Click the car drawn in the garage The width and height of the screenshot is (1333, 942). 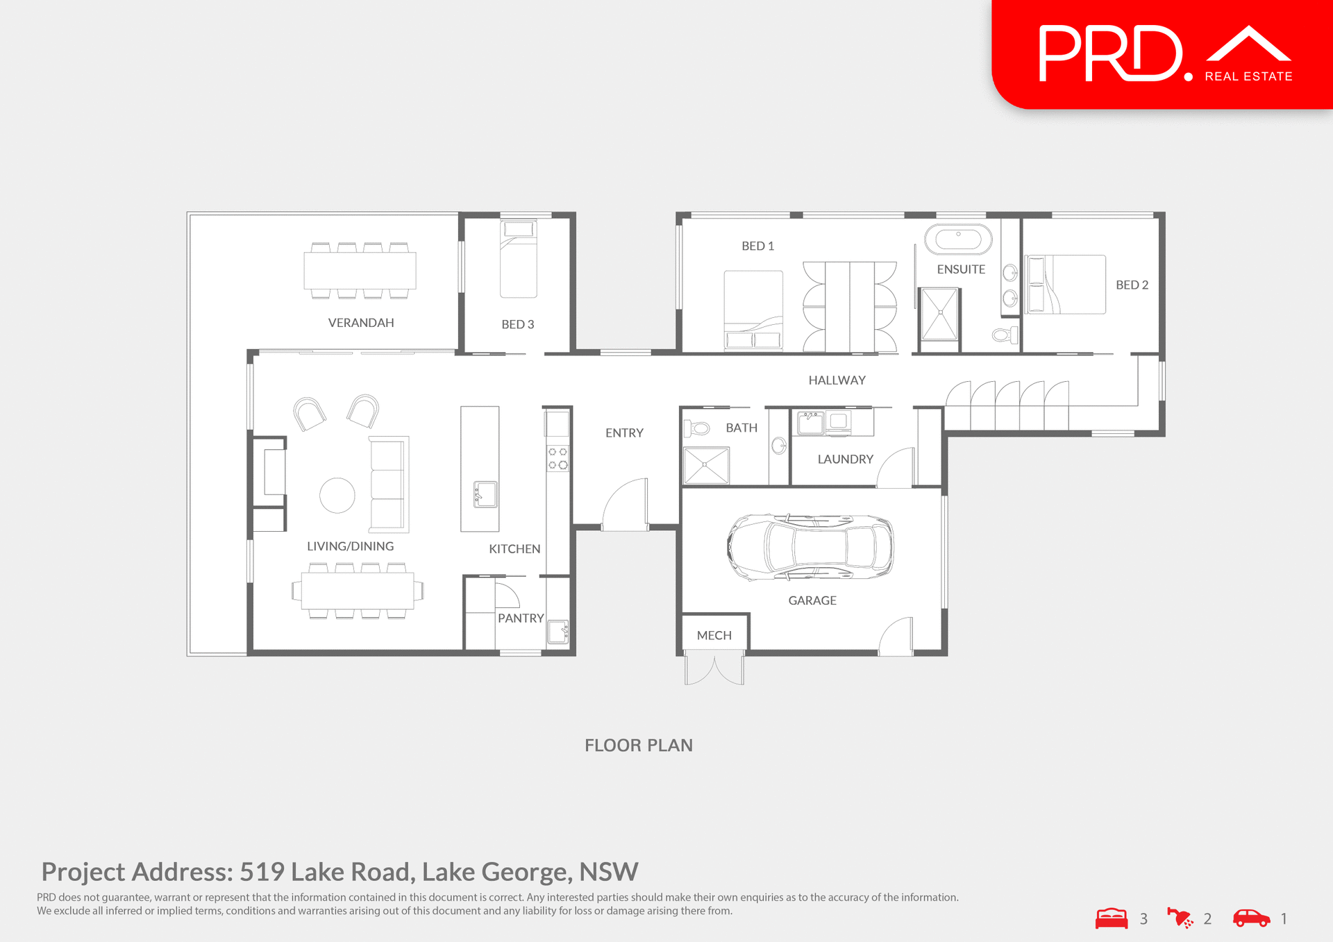click(x=810, y=547)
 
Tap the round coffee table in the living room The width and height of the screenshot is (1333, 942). click(x=337, y=496)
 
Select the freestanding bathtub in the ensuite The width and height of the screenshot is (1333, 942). click(x=958, y=239)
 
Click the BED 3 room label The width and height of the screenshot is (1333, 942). click(x=517, y=324)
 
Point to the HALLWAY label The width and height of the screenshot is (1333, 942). click(x=837, y=380)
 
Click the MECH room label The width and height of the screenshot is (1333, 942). click(x=714, y=635)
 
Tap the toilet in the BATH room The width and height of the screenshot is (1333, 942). click(x=698, y=428)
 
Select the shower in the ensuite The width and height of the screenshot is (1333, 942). click(x=939, y=314)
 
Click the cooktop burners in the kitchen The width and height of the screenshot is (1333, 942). click(x=557, y=458)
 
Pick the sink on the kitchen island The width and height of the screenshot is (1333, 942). click(x=485, y=494)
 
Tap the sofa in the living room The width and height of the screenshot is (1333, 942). click(x=389, y=484)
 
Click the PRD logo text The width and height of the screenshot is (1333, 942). click(x=1111, y=53)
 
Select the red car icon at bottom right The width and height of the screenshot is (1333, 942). click(x=1251, y=918)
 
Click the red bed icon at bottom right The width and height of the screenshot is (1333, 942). click(x=1112, y=918)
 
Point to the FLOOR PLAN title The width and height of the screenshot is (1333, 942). click(x=638, y=746)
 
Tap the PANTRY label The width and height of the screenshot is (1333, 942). click(x=521, y=619)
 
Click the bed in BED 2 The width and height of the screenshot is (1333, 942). click(x=1066, y=285)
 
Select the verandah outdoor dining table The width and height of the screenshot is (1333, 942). click(x=360, y=271)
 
